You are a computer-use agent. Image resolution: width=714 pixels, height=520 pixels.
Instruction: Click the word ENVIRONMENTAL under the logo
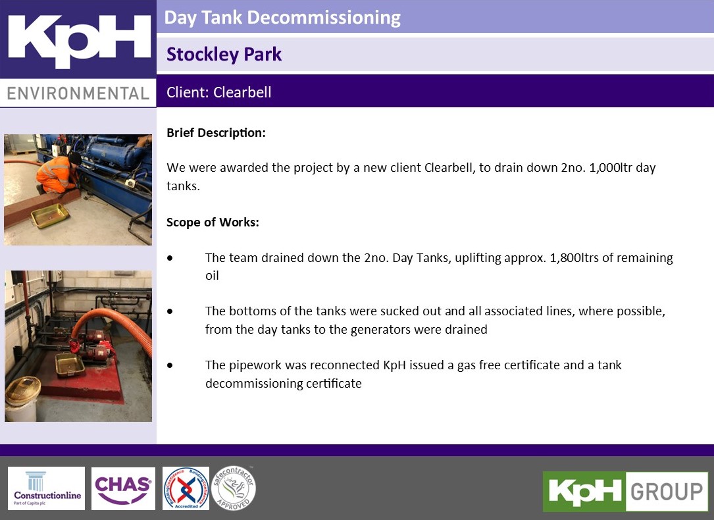point(78,93)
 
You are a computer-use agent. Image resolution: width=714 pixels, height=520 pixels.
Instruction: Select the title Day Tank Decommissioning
point(282,17)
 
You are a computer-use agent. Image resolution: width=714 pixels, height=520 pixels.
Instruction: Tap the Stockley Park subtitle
point(224,54)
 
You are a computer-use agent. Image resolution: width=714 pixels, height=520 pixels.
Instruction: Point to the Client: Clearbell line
point(218,92)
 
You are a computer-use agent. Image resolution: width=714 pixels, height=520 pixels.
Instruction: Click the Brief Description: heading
point(216,132)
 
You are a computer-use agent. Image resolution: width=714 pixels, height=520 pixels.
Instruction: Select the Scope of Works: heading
point(213,222)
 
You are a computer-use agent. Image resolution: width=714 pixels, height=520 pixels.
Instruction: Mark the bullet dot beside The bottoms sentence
point(170,311)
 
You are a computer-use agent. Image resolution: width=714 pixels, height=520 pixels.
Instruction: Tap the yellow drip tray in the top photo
point(50,215)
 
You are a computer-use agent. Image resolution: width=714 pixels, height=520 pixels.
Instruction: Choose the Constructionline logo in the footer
point(46,488)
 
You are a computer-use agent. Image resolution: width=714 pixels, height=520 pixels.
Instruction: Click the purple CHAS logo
point(123,488)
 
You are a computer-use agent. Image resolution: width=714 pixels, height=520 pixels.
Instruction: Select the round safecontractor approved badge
point(234,488)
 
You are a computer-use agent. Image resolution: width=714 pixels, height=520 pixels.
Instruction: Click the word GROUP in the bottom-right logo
point(666,492)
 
